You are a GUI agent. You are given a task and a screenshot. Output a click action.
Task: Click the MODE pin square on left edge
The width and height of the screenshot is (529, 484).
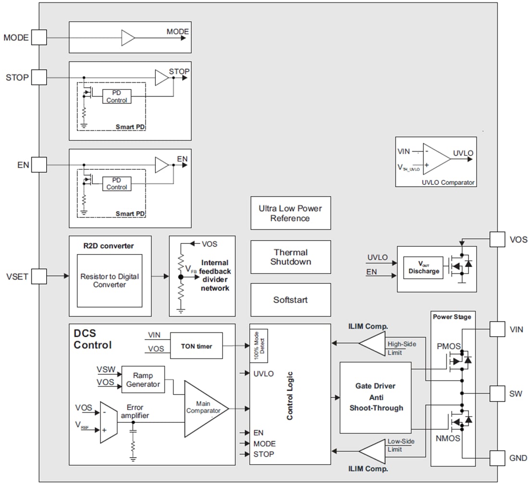(x=39, y=37)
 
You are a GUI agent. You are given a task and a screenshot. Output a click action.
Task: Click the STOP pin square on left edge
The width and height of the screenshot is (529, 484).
(x=39, y=77)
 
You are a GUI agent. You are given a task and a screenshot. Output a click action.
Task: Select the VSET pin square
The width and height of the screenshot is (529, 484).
(x=39, y=276)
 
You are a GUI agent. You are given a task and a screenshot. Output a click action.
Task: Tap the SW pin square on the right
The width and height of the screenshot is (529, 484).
(x=498, y=393)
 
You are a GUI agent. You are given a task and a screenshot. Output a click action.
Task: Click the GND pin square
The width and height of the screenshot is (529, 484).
(x=498, y=458)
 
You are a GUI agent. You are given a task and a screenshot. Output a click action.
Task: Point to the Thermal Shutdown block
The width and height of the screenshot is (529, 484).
(x=290, y=257)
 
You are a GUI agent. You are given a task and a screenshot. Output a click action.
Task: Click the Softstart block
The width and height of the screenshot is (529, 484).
(x=290, y=300)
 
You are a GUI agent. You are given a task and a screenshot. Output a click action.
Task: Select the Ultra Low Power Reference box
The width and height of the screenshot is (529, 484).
(x=290, y=213)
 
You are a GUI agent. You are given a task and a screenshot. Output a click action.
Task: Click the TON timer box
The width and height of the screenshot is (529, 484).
(x=196, y=346)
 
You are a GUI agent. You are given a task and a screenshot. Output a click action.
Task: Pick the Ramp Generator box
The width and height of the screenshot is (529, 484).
(x=143, y=380)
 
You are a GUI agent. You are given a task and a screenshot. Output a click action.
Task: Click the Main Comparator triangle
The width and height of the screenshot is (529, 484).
(x=204, y=409)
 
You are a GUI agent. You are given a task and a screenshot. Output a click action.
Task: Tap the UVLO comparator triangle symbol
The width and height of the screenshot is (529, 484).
(x=435, y=159)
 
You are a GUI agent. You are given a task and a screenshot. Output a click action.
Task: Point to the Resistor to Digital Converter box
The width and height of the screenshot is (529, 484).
(x=110, y=280)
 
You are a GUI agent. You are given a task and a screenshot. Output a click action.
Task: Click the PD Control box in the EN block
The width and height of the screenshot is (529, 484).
(x=116, y=184)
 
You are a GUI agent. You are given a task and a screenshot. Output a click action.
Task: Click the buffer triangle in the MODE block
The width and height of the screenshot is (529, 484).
(x=128, y=38)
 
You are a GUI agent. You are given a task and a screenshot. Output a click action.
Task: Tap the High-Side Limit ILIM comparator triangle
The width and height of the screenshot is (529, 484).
(x=372, y=343)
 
